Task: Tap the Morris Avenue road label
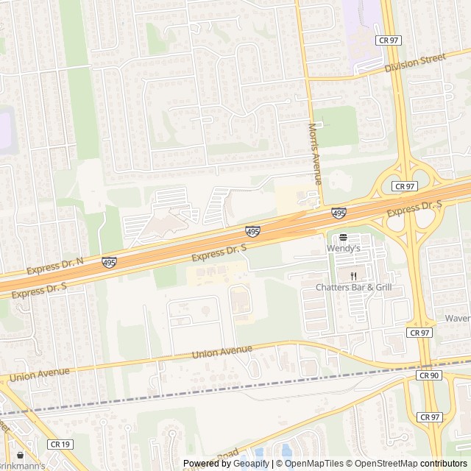pyautogui.click(x=315, y=154)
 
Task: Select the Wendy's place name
pyautogui.click(x=344, y=249)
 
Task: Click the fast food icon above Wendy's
pyautogui.click(x=344, y=238)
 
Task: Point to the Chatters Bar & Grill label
pyautogui.click(x=354, y=287)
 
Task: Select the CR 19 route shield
pyautogui.click(x=60, y=444)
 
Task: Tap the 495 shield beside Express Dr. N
pyautogui.click(x=109, y=262)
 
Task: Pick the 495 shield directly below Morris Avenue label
pyautogui.click(x=339, y=213)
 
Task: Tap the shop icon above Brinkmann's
pyautogui.click(x=20, y=455)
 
